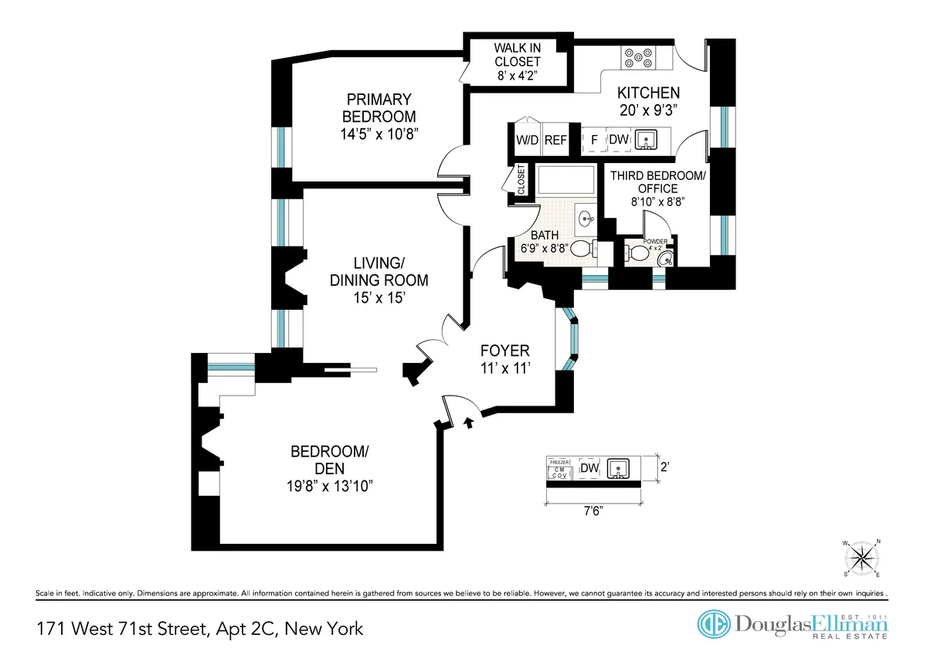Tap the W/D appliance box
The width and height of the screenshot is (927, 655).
tap(528, 140)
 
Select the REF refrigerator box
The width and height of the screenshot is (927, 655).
tap(555, 140)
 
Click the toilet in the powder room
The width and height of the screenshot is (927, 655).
tap(637, 252)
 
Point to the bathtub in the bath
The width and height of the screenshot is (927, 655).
tap(566, 182)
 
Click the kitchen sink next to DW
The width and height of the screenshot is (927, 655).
tap(646, 140)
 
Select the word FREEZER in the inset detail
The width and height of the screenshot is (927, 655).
tap(559, 462)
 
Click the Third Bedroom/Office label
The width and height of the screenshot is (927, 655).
tap(657, 182)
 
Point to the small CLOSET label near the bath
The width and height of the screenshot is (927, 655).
tap(522, 179)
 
